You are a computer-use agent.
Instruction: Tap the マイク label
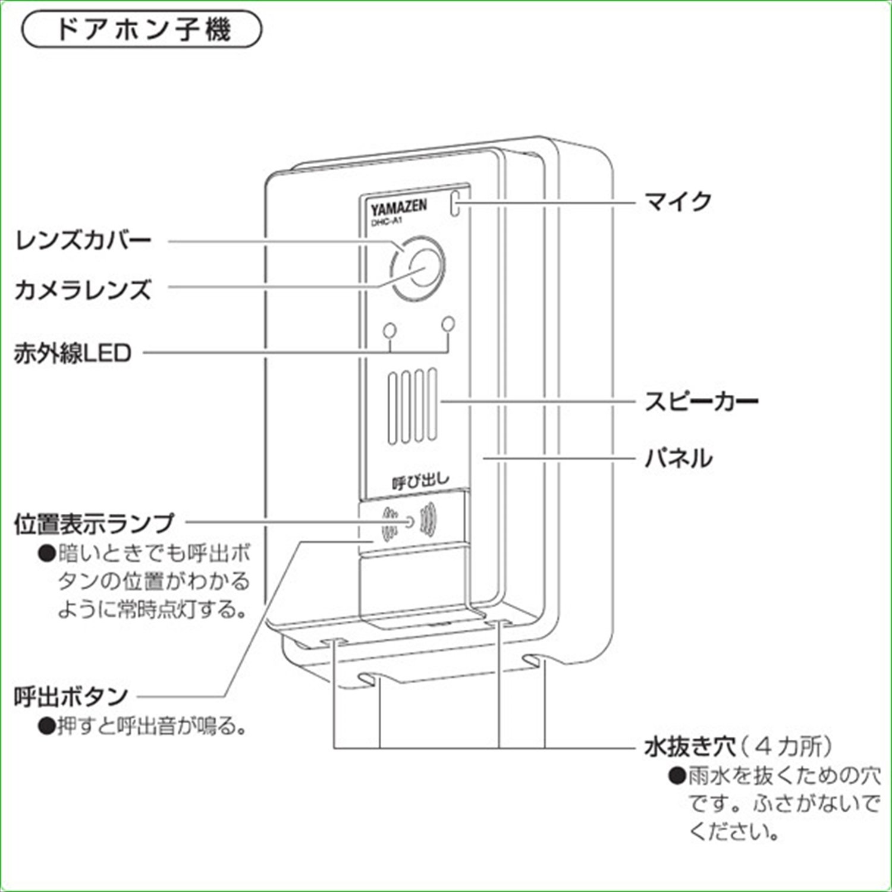(x=678, y=202)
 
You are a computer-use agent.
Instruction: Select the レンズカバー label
(x=83, y=241)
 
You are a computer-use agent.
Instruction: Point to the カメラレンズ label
(x=83, y=290)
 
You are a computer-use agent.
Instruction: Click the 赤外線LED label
(x=73, y=354)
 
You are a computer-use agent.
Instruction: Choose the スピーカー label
(x=702, y=401)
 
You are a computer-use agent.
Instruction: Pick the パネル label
(x=678, y=458)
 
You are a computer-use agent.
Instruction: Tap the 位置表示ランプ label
(x=94, y=523)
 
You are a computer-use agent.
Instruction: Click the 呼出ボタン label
(x=71, y=696)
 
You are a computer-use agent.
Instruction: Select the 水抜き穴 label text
(x=690, y=746)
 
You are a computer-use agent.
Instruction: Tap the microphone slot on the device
(x=456, y=203)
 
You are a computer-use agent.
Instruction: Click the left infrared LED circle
(x=390, y=330)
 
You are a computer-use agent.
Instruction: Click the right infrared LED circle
(x=448, y=324)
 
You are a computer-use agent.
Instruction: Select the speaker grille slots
(x=413, y=406)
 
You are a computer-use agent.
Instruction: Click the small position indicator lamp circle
(x=409, y=522)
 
